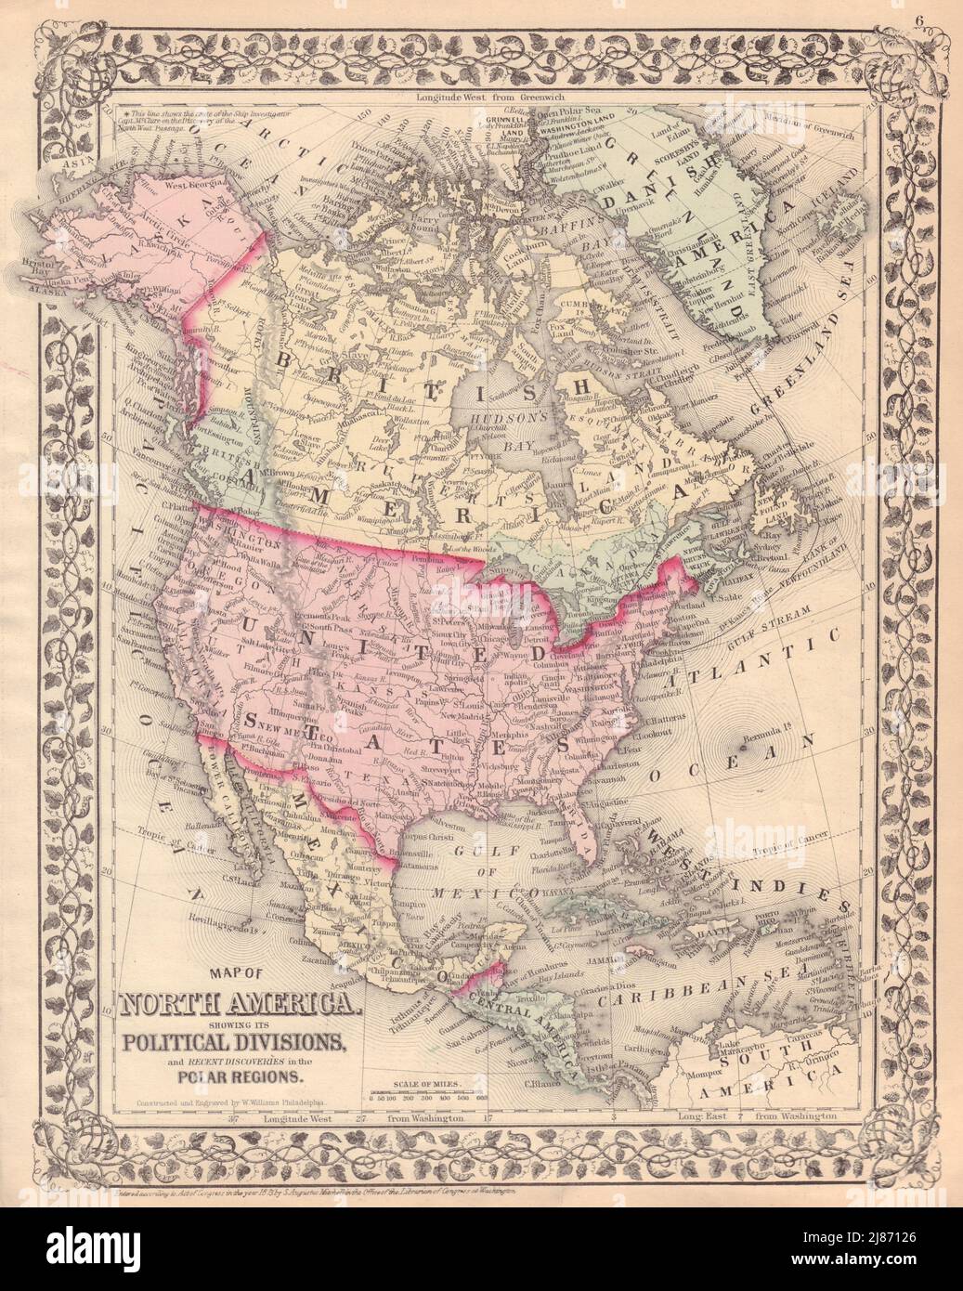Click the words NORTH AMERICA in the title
[236, 1004]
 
